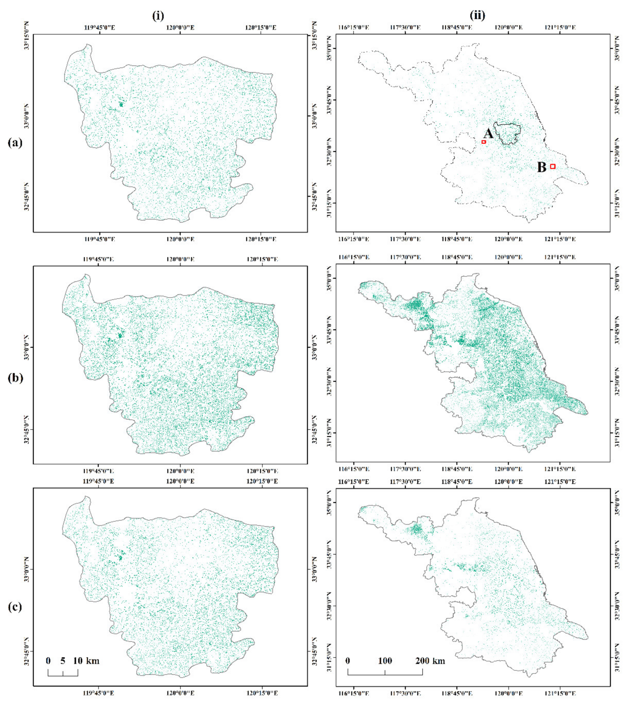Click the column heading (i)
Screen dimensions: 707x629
tap(158, 16)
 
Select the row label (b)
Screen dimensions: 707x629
tap(15, 378)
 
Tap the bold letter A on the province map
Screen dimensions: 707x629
tap(488, 133)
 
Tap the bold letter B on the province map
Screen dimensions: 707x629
tap(542, 167)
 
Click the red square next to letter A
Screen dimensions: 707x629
tap(484, 142)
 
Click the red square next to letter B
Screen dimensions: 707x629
tap(552, 166)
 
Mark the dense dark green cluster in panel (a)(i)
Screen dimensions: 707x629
tap(121, 104)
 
